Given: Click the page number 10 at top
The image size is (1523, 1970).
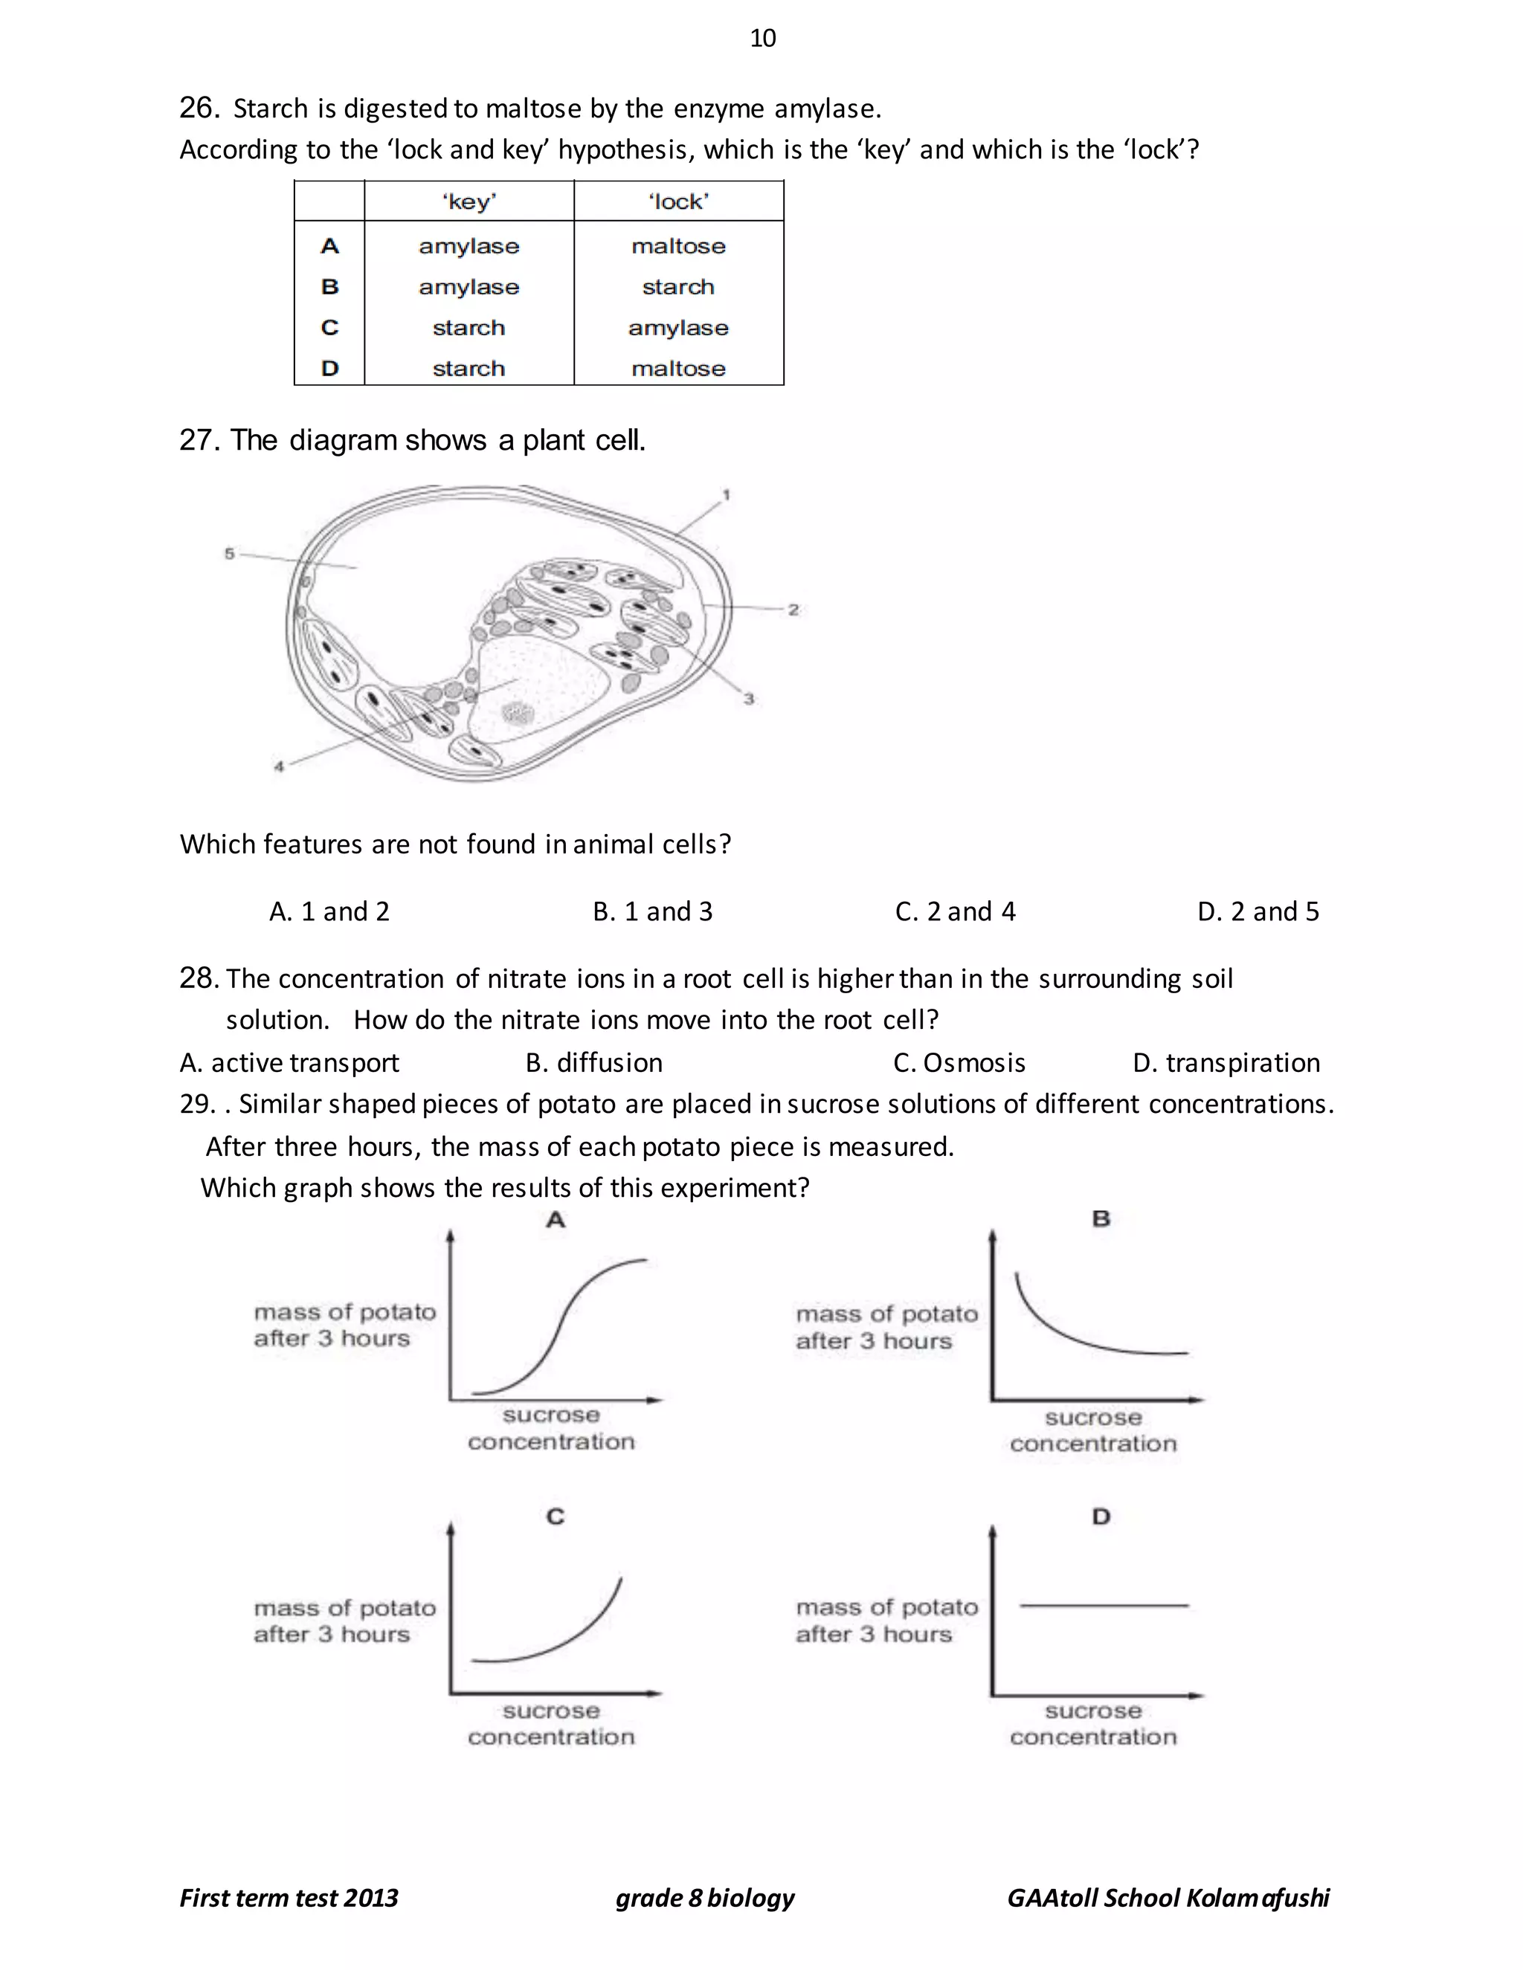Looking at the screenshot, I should click(x=762, y=38).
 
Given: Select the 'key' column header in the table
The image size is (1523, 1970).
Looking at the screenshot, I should click(x=469, y=201).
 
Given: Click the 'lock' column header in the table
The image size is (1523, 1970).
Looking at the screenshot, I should click(x=678, y=201).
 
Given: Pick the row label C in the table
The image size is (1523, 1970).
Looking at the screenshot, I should click(x=329, y=327).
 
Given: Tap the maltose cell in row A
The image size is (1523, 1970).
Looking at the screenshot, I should click(x=678, y=246).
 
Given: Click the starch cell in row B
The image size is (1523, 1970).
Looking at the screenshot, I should click(x=678, y=287).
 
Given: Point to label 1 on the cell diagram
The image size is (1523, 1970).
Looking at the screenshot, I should click(x=727, y=494).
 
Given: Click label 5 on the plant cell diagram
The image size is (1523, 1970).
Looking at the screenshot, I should click(x=229, y=553).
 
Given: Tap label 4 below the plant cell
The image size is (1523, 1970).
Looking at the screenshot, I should click(x=279, y=766).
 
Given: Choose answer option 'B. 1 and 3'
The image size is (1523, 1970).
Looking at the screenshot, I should click(x=652, y=911).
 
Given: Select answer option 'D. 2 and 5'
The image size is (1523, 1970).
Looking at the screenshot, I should click(x=1258, y=911).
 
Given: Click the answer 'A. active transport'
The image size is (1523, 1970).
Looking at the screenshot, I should click(x=289, y=1062).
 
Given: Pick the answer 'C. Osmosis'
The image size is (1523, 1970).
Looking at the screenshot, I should click(x=959, y=1062).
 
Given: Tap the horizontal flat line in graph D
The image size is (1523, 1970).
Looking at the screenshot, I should click(x=1103, y=1605).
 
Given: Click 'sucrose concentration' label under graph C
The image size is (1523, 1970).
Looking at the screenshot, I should click(x=551, y=1724).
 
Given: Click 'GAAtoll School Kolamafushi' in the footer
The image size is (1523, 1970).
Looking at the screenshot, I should click(x=1168, y=1898).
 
